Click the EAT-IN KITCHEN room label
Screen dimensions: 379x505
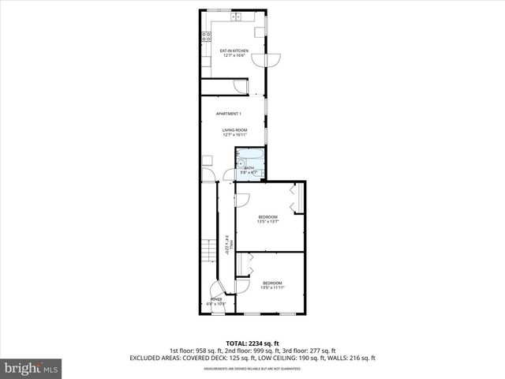coord(234,51)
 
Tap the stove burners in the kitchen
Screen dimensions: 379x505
coord(204,36)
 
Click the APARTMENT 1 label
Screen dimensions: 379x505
coord(229,114)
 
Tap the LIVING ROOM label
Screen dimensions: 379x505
coord(234,129)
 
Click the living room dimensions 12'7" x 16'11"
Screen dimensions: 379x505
coord(234,135)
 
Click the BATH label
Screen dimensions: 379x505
coord(249,167)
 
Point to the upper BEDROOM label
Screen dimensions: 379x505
coord(268,217)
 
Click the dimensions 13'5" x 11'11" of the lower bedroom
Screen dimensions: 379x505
coord(271,288)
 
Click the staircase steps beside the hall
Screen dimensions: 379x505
coord(207,251)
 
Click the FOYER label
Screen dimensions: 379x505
coord(215,299)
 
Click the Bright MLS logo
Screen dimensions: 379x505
coord(32,368)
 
